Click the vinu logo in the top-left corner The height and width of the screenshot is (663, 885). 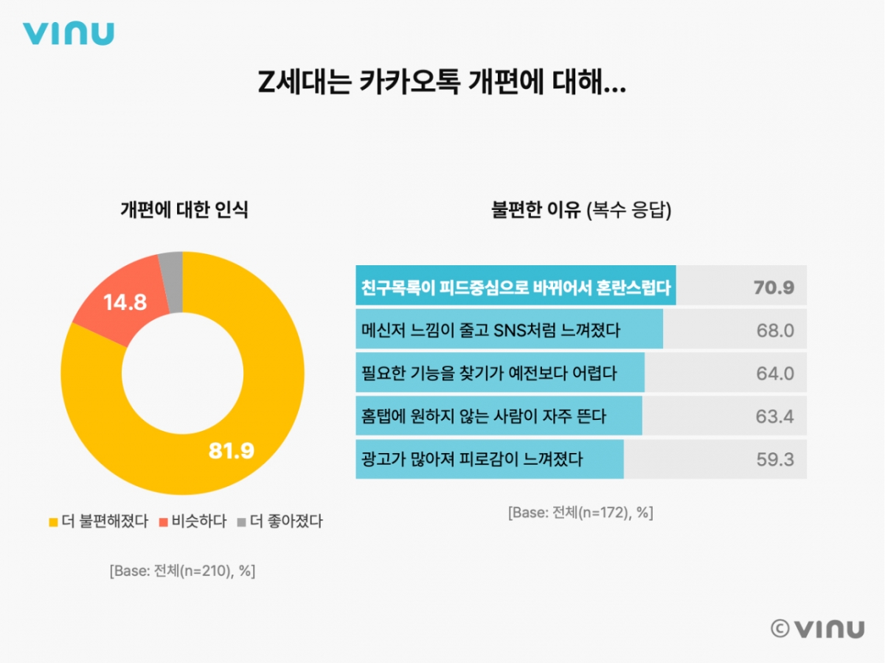coord(68,33)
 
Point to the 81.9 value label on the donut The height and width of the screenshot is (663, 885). coord(231,451)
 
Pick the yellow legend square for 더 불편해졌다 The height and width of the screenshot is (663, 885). coord(52,522)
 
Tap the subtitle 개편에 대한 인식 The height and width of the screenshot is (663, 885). coord(184,210)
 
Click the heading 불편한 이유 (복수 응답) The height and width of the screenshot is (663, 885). coord(580,210)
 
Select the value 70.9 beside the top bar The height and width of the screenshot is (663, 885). coord(774,287)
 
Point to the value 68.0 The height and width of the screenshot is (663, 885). coord(775,331)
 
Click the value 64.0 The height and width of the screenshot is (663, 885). coord(775,373)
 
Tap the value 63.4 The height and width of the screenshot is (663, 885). coord(774,416)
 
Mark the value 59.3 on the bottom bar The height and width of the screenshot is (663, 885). coord(774,460)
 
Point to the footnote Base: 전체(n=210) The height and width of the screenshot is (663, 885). coord(182,571)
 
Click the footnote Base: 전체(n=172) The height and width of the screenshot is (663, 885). coord(580,513)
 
